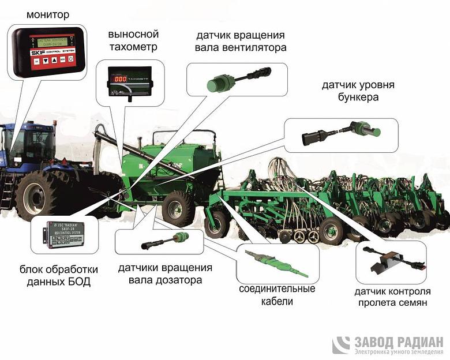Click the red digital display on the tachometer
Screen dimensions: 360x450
click(x=119, y=78)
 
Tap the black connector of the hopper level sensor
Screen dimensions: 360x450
click(x=316, y=137)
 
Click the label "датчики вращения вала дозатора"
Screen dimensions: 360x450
click(x=165, y=274)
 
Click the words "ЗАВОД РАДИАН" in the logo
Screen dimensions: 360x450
click(x=398, y=341)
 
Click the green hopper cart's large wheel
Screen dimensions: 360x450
click(x=177, y=208)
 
